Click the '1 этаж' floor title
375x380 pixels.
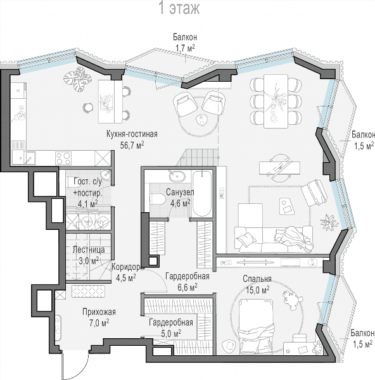pyautogui.click(x=179, y=8)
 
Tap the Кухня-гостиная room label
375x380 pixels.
pyautogui.click(x=132, y=134)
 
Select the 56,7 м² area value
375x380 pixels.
pyautogui.click(x=132, y=144)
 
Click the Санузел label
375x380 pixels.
pyautogui.click(x=180, y=192)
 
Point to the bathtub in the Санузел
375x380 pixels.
pyautogui.click(x=202, y=193)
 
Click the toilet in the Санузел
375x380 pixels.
pyautogui.click(x=158, y=199)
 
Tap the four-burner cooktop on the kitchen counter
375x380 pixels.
pyautogui.click(x=63, y=158)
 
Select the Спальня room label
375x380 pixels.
pyautogui.click(x=257, y=279)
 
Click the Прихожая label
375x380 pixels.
pyautogui.click(x=99, y=312)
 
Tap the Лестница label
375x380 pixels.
pyautogui.click(x=89, y=250)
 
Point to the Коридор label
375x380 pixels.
pyautogui.click(x=126, y=267)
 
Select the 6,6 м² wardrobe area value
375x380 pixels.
pyautogui.click(x=187, y=288)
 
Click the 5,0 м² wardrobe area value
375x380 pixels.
pyautogui.click(x=171, y=334)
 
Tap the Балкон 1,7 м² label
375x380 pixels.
pyautogui.click(x=185, y=42)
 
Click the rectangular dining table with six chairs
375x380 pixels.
pyautogui.click(x=276, y=101)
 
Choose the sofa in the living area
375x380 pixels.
pyautogui.click(x=274, y=239)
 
